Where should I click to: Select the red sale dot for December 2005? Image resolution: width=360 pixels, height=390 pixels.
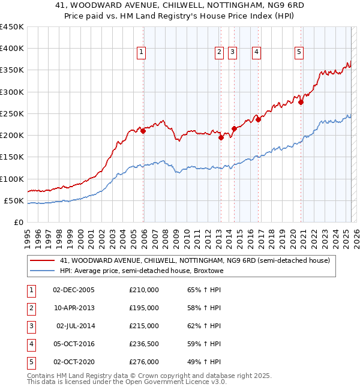pyautogui.click(x=143, y=131)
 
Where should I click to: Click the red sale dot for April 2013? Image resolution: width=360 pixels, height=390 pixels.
pyautogui.click(x=221, y=137)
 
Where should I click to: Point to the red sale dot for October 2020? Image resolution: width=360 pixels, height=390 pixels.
pyautogui.click(x=301, y=102)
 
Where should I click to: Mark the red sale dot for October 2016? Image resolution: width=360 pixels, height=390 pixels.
pyautogui.click(x=259, y=119)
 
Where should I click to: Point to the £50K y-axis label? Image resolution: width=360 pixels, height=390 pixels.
pyautogui.click(x=14, y=200)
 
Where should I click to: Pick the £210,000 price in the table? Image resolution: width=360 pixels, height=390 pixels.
pyautogui.click(x=144, y=290)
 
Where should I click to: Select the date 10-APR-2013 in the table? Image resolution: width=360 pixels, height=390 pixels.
pyautogui.click(x=74, y=308)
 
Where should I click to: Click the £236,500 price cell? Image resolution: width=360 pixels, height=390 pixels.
pyautogui.click(x=144, y=344)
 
